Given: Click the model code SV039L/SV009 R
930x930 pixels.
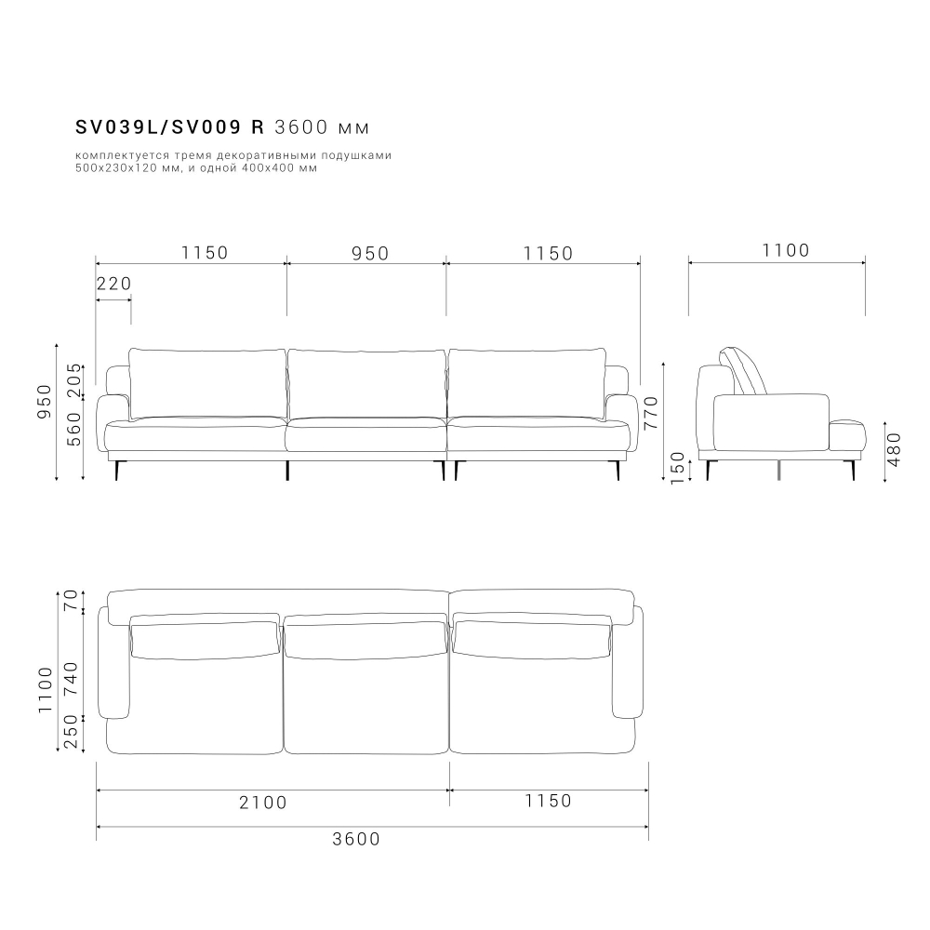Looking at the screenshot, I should pos(170,127).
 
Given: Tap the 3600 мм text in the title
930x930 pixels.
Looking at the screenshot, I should pos(324,127).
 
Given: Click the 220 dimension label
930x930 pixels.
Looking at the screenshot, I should pos(113,284).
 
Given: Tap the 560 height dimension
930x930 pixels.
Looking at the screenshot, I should pos(75,428).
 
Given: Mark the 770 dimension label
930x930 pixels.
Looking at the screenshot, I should pos(651,412).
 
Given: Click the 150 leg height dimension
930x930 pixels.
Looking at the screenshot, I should pos(678,467).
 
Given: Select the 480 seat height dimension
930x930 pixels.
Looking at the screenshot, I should pos(895,450).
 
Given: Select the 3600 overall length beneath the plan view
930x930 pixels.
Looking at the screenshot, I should pos(356,839).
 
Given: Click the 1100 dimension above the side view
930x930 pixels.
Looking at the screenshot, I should pos(786,250).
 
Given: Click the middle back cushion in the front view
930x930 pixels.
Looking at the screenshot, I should pos(366,384).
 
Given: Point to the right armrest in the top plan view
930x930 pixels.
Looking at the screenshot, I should pos(628,663).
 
